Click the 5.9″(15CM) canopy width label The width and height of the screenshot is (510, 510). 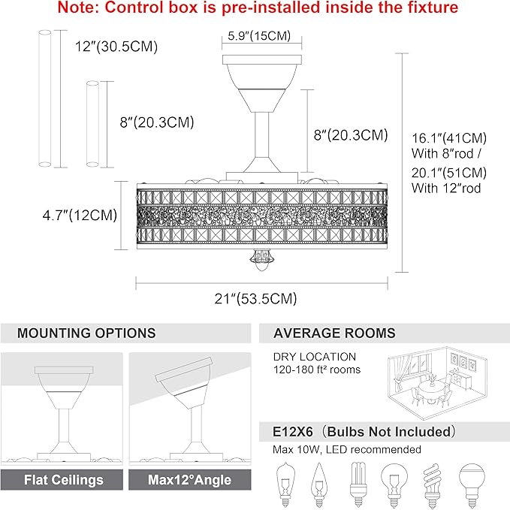pos(259,36)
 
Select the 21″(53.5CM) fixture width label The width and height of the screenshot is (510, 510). pos(255,299)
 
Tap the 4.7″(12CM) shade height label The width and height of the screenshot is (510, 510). pos(80,216)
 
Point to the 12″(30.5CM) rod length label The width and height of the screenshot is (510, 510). pos(116,47)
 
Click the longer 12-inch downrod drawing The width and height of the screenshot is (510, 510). pos(45,98)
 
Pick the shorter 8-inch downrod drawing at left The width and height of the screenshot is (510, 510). pos(92,124)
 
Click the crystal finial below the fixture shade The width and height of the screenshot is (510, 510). pos(261,260)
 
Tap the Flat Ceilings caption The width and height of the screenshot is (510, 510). pos(64,480)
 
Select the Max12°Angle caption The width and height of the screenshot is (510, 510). pos(189,480)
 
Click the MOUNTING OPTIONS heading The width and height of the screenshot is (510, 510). pos(86,333)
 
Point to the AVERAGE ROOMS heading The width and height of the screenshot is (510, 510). pos(334,333)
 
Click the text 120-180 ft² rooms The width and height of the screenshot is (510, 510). pos(317,370)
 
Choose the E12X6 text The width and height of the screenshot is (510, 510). pos(293,432)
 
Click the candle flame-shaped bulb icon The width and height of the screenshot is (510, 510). pos(319,484)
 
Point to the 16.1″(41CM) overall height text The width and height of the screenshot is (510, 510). pos(449,138)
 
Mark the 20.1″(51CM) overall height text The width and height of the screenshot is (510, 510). pos(449,173)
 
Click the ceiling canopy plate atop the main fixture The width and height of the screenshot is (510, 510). pos(262,59)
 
